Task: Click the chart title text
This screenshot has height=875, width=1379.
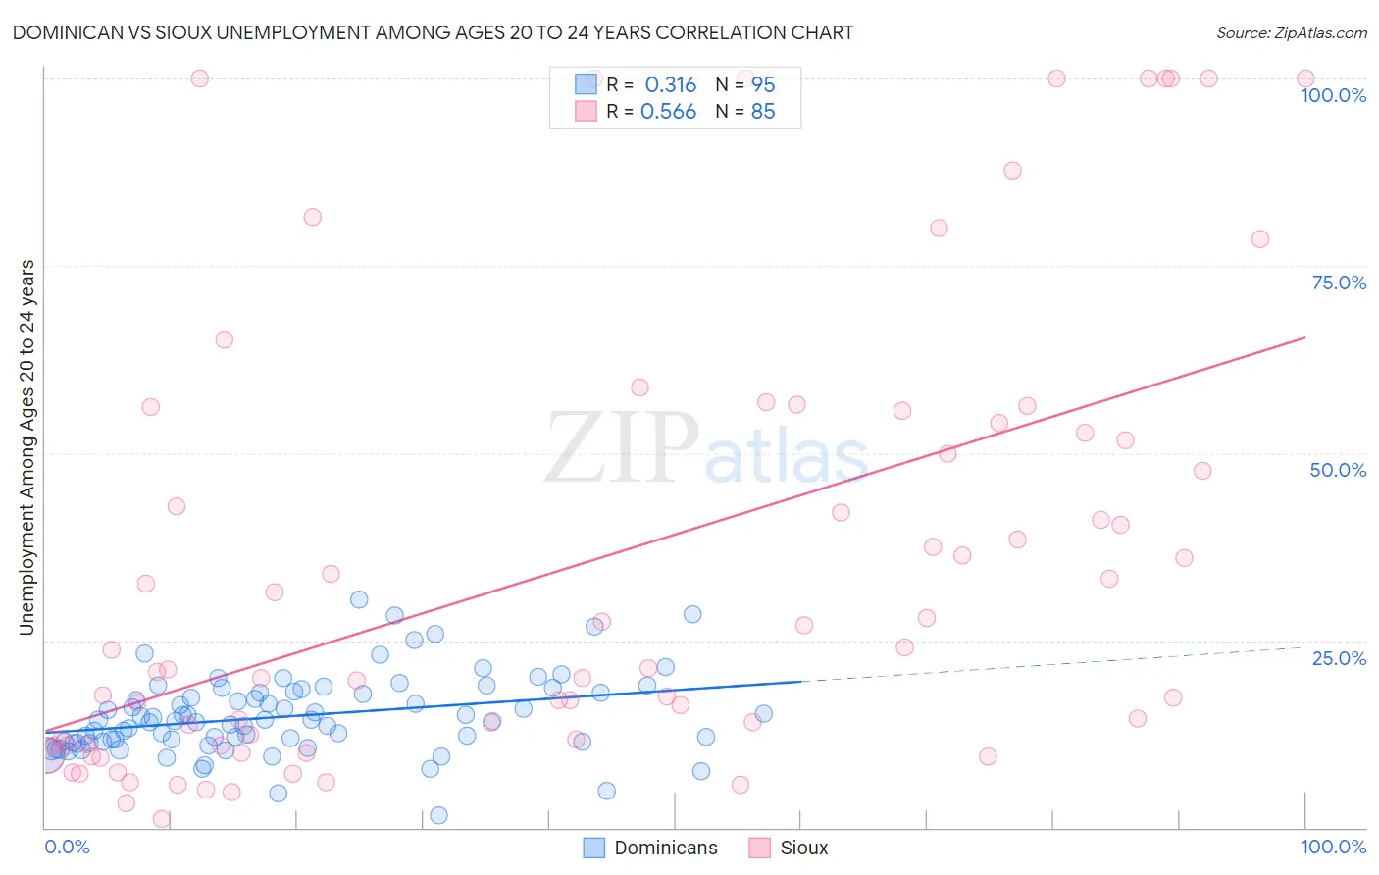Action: pyautogui.click(x=432, y=32)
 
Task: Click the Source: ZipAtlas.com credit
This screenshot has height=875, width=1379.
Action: pyautogui.click(x=1291, y=32)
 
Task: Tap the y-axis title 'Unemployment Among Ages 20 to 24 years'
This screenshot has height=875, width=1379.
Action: pyautogui.click(x=27, y=446)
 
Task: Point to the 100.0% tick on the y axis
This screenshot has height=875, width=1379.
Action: pyautogui.click(x=1333, y=95)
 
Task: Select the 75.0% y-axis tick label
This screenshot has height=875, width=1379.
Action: pyautogui.click(x=1339, y=283)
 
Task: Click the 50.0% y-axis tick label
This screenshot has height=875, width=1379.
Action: pyautogui.click(x=1338, y=470)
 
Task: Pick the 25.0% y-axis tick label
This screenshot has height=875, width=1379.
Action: pyautogui.click(x=1339, y=657)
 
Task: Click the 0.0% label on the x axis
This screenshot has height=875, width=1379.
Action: pyautogui.click(x=67, y=847)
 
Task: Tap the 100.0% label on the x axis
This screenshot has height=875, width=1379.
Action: pyautogui.click(x=1333, y=847)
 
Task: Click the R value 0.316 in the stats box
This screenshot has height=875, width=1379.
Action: pyautogui.click(x=670, y=84)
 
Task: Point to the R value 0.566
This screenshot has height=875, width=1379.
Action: pyautogui.click(x=668, y=112)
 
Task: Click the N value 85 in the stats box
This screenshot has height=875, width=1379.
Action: pyautogui.click(x=762, y=112)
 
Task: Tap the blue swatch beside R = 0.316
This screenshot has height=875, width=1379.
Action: pyautogui.click(x=586, y=84)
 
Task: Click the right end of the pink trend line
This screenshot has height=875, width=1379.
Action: pyautogui.click(x=1303, y=338)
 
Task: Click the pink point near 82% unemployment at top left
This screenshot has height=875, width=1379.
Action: pyautogui.click(x=312, y=217)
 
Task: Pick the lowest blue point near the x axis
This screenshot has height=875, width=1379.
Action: pyautogui.click(x=438, y=815)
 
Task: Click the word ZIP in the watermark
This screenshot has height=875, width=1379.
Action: pyautogui.click(x=621, y=449)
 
